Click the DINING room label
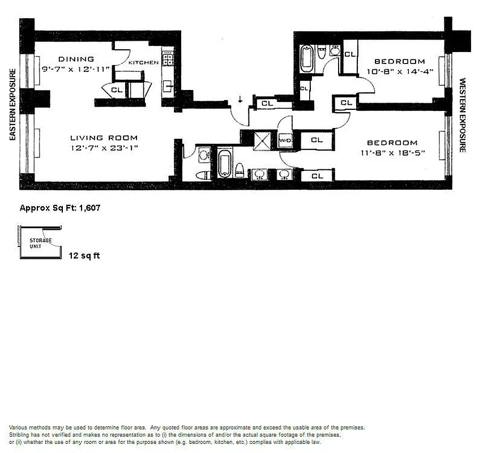click(x=75, y=59)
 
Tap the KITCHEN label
click(x=143, y=63)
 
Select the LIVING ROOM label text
click(x=104, y=138)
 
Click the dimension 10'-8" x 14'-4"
click(x=399, y=71)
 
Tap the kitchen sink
click(x=168, y=87)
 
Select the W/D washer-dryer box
click(x=284, y=140)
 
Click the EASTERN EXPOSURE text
click(x=11, y=104)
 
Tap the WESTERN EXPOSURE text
click(x=462, y=116)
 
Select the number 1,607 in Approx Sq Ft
click(x=89, y=208)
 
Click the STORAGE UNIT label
click(x=41, y=243)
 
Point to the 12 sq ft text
click(x=84, y=256)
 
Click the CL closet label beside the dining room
click(x=117, y=89)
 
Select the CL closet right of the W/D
click(x=317, y=140)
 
